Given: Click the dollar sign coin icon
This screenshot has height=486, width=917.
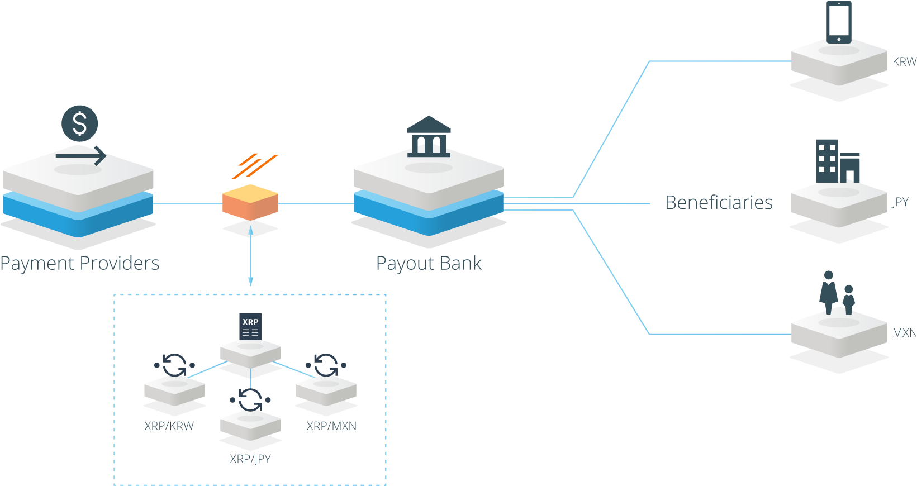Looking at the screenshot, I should [80, 123].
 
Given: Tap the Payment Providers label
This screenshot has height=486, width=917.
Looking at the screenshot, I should [80, 263].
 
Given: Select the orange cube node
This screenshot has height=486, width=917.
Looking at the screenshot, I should [250, 201].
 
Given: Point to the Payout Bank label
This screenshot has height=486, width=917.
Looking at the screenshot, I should [429, 263].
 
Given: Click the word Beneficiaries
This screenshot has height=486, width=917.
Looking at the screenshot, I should [719, 203].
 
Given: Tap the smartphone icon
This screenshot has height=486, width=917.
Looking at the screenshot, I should [839, 22].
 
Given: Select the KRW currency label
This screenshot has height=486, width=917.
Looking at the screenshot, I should [904, 61].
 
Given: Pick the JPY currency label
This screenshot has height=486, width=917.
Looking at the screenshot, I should [900, 202].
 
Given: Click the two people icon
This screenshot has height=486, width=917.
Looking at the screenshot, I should [837, 293].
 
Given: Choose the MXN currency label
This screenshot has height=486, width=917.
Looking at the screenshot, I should [904, 333].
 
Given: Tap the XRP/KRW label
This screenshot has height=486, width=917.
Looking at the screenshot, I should [169, 426].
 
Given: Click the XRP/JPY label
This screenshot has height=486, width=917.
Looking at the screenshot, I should [250, 459].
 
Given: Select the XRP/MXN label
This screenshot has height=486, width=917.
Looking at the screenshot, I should [331, 426].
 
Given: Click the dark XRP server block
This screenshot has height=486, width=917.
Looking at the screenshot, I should [250, 326].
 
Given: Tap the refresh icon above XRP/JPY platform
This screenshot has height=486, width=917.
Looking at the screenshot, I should [250, 399].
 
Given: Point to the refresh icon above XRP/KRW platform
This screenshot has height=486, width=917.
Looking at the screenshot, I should [174, 365].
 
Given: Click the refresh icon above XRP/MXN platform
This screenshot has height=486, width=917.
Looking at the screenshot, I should [326, 365].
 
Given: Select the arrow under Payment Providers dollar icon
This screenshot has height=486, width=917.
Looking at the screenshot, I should [81, 156].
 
